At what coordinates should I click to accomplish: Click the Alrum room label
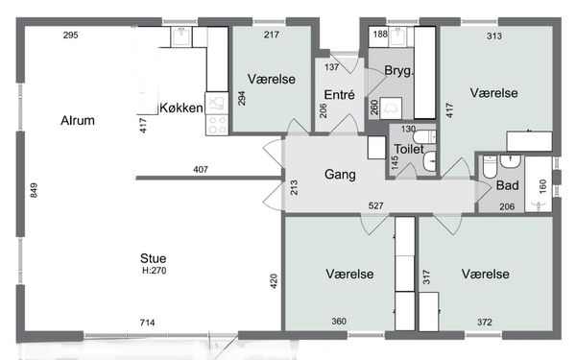coord(78,120)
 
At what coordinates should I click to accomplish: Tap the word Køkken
coord(181,108)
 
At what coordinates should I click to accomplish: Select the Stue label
coord(153,258)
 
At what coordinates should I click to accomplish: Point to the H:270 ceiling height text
coord(155,271)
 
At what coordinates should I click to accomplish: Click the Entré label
coord(339,95)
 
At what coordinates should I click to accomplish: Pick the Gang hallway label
coord(340,174)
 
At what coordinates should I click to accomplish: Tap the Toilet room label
coord(409,149)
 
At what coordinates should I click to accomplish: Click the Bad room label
coord(507,185)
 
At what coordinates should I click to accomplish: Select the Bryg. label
coord(398,70)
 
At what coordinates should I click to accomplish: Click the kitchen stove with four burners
coord(217,125)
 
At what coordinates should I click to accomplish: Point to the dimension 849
coord(34,190)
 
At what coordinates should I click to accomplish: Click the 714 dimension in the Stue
coord(147,323)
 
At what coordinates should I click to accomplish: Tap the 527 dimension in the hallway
coord(375,205)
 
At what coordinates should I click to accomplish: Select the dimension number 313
coord(494,36)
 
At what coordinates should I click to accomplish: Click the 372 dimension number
coord(485,323)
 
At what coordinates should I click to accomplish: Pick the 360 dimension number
coord(339,321)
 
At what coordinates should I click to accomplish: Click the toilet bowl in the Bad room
coord(490,166)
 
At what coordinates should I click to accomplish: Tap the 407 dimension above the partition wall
coord(201,169)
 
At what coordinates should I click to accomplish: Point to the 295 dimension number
coord(70,35)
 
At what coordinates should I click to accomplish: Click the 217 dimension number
coord(272,35)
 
